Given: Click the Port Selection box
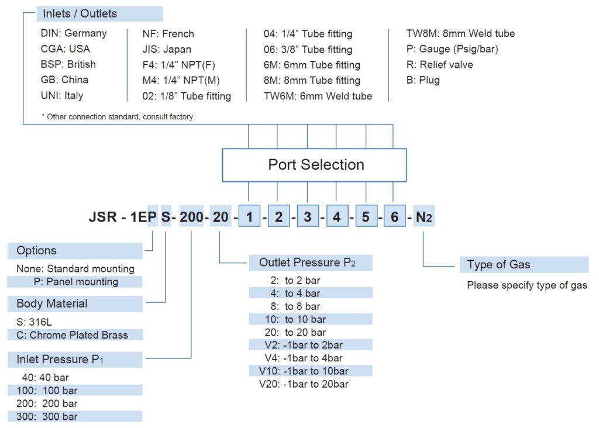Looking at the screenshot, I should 315,165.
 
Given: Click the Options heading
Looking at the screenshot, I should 37,251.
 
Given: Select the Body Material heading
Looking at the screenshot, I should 52,303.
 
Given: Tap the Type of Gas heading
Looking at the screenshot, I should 498,264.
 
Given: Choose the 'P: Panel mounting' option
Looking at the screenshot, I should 75,282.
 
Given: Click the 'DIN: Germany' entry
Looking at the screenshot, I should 74,33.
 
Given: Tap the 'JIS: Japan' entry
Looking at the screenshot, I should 167,49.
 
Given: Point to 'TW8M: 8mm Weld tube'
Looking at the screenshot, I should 460,33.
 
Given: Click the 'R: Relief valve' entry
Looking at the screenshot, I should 439,64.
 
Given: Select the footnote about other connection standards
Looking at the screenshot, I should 118,117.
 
